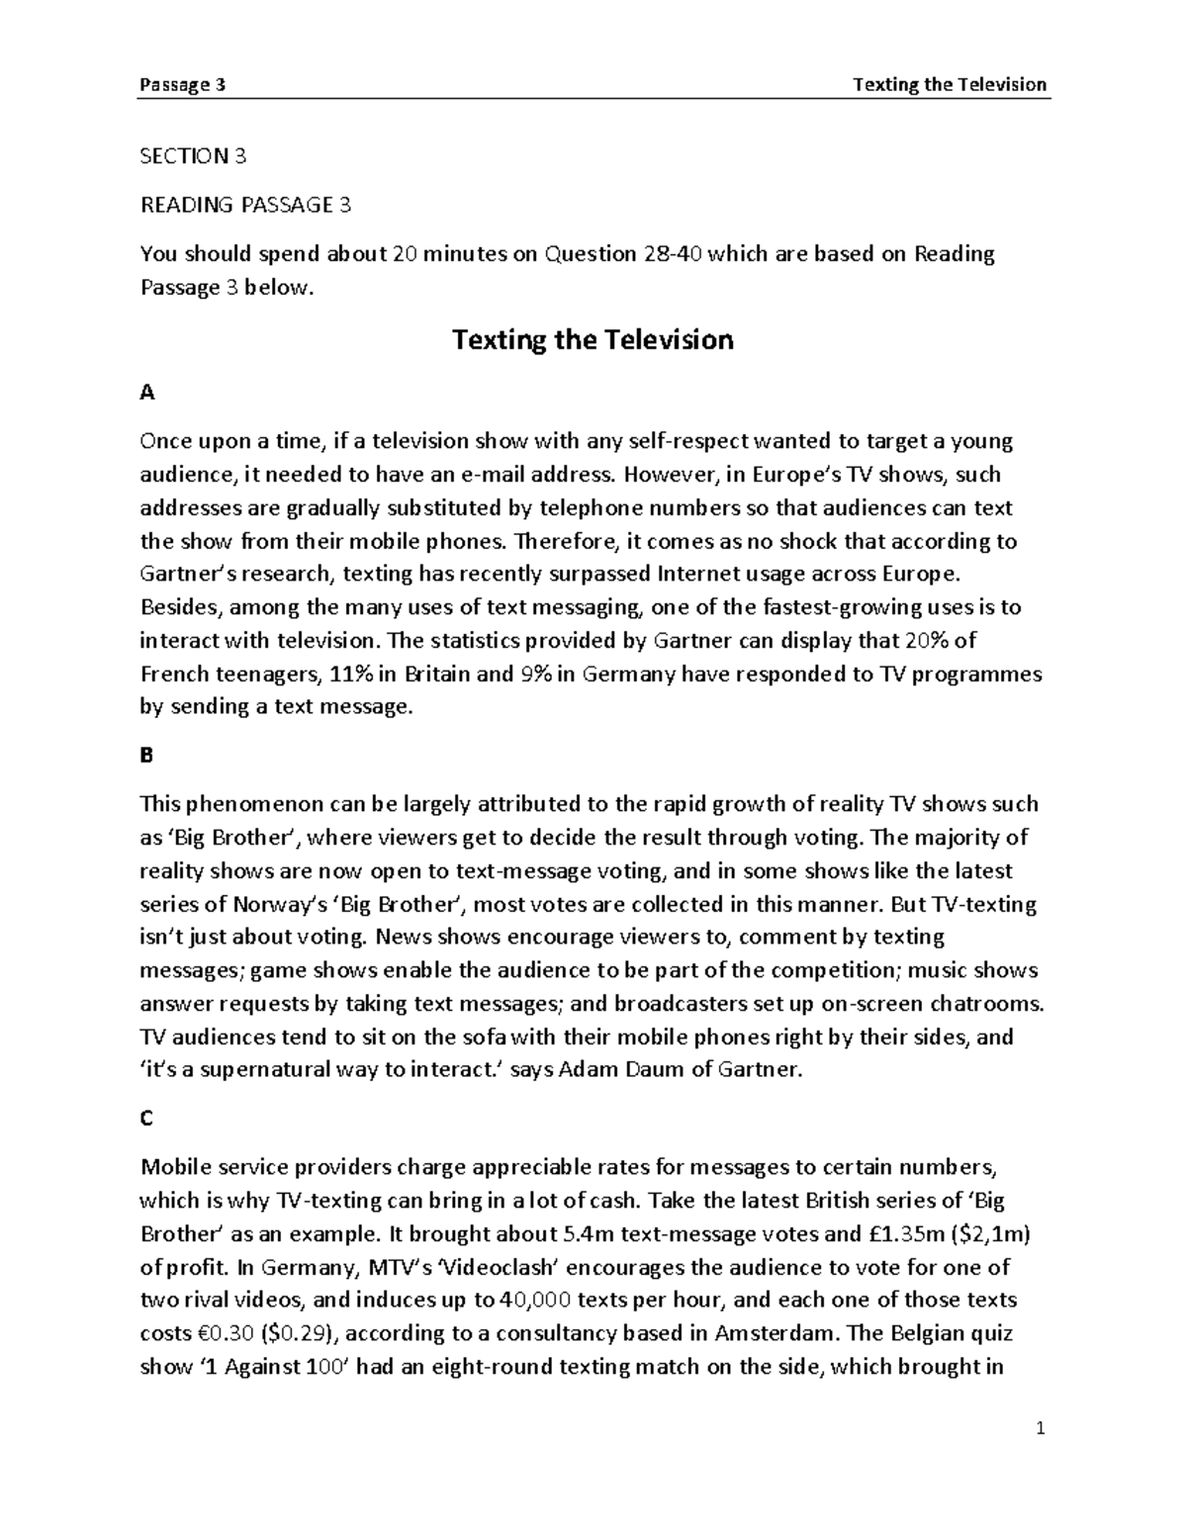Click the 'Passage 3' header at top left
[x=183, y=84]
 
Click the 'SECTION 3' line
[x=193, y=155]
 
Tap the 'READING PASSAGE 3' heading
[x=245, y=205]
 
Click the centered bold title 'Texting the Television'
[x=593, y=340]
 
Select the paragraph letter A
[x=147, y=393]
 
